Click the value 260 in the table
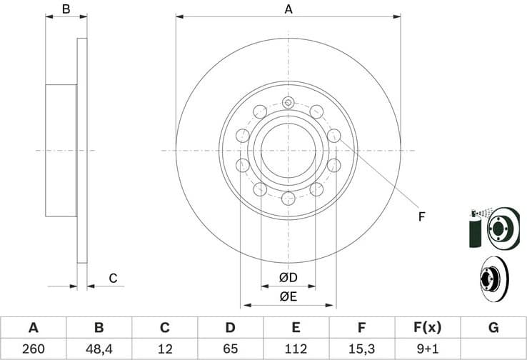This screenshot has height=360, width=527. (33, 349)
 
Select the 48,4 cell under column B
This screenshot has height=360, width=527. (99, 349)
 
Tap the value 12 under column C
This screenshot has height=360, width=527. (164, 349)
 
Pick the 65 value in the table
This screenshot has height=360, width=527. (230, 349)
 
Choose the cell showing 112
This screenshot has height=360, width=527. (296, 349)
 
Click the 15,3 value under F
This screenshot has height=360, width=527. (361, 349)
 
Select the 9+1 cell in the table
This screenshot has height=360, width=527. (427, 349)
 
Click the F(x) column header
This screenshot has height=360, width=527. (427, 328)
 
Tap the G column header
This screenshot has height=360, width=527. (493, 328)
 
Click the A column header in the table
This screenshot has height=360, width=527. (33, 328)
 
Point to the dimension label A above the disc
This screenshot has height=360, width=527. (288, 9)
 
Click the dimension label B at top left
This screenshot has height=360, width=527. (66, 9)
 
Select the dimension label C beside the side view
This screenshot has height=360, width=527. (112, 278)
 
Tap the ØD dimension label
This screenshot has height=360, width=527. (288, 277)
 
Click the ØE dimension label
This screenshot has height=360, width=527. (288, 295)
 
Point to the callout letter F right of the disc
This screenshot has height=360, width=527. (421, 216)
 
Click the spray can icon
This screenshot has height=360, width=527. (474, 229)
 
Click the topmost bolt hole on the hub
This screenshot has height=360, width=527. (288, 103)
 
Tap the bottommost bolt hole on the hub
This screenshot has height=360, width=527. (288, 199)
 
